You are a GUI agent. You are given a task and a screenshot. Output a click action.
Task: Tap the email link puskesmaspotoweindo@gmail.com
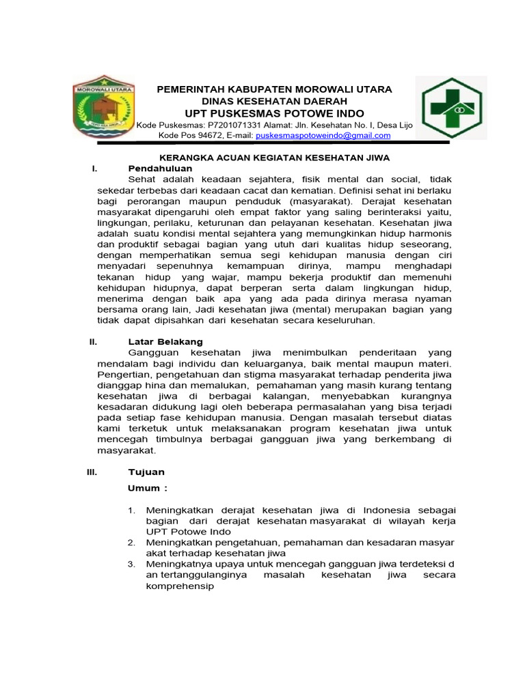point(323,136)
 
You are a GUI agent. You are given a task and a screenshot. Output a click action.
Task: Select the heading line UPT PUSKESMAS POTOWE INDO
point(275,113)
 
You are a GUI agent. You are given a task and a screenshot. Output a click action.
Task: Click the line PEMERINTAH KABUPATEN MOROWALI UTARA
point(275,89)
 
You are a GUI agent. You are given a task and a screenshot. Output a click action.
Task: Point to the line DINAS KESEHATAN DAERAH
point(275,101)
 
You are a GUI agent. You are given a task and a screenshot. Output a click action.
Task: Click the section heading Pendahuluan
point(160,168)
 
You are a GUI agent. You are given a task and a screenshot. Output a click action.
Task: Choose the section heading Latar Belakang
point(165,341)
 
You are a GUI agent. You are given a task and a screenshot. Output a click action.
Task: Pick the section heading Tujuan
point(146,472)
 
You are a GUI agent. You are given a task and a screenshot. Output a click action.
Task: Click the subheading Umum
point(148,488)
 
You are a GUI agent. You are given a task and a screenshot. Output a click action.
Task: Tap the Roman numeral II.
point(94,341)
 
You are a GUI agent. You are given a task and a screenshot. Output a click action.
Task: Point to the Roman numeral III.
point(93,472)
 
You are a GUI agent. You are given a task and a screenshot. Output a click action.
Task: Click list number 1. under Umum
point(132,510)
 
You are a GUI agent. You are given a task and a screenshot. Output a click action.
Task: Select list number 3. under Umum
point(132,564)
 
